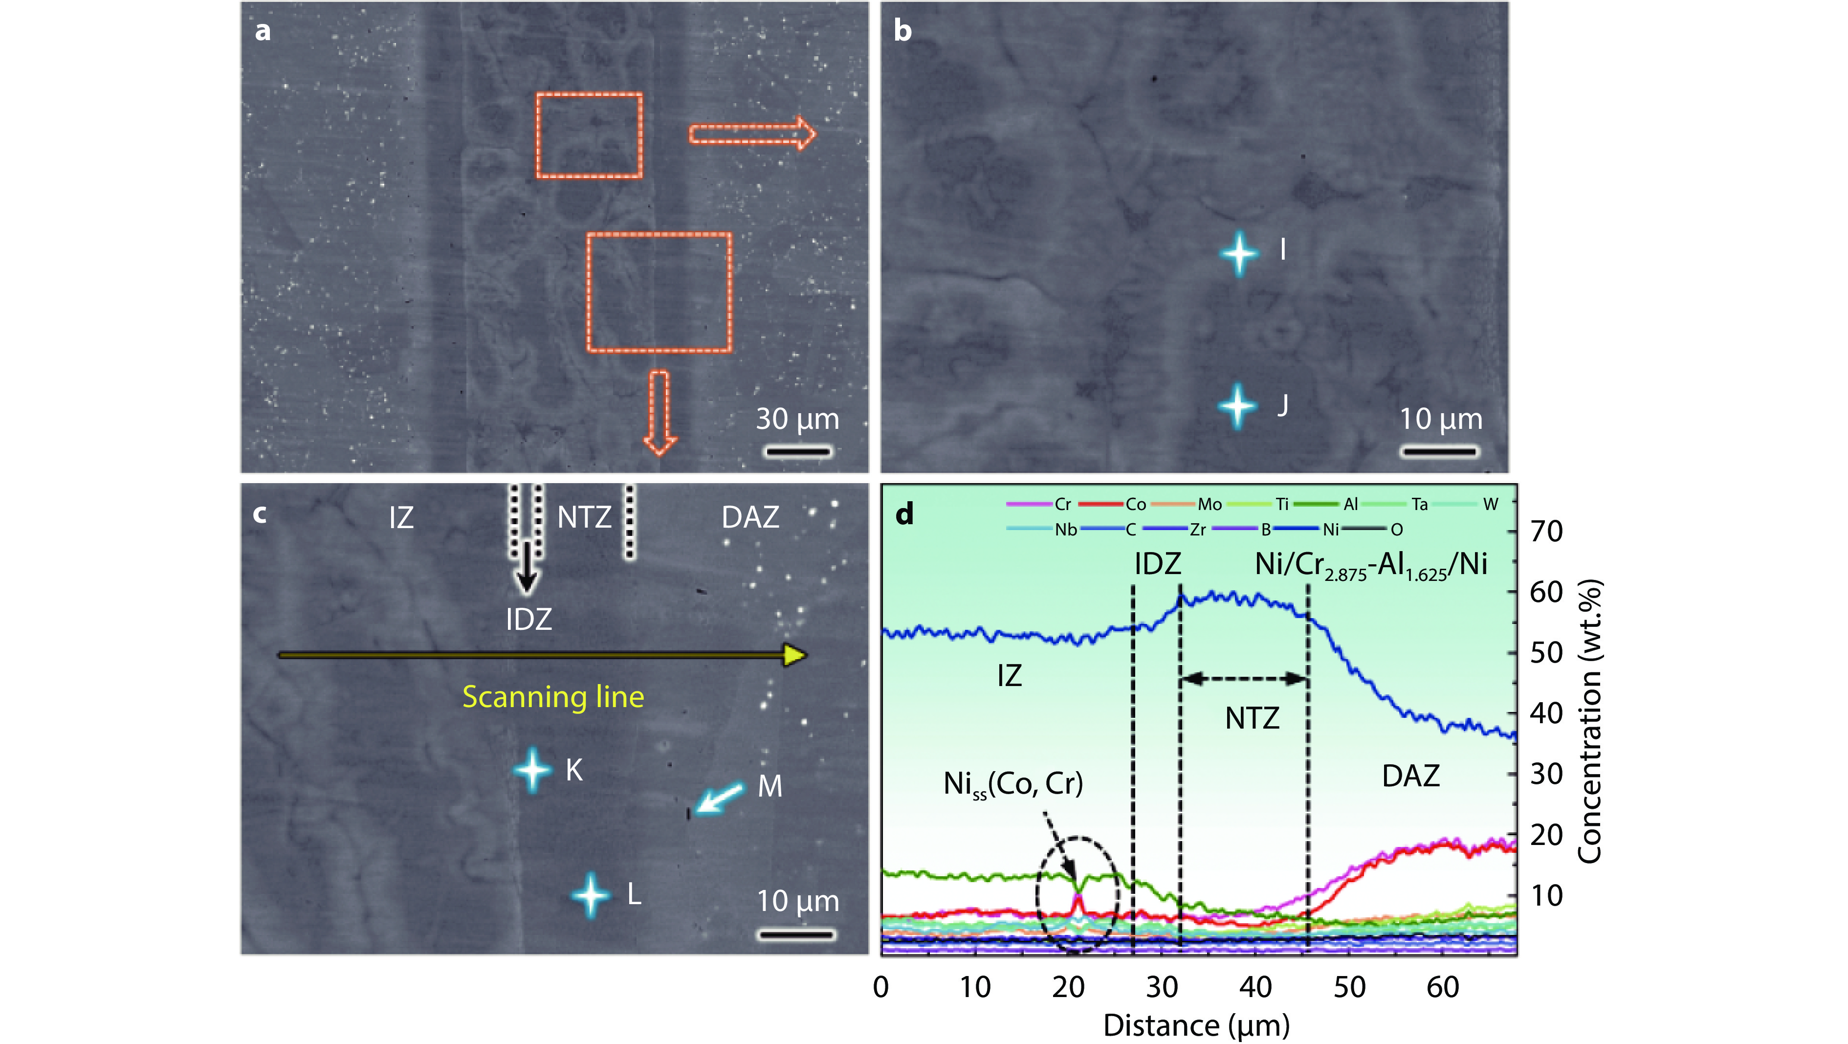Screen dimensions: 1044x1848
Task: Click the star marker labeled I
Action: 1239,253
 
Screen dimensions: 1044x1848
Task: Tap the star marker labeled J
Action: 1237,405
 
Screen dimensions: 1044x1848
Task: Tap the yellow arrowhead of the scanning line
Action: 794,654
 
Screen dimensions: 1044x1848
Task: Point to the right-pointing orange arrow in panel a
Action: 752,133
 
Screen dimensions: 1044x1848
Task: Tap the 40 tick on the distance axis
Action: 1255,987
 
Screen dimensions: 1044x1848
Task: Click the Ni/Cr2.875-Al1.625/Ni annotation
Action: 1370,565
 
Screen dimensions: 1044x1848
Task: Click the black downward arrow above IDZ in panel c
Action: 528,567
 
